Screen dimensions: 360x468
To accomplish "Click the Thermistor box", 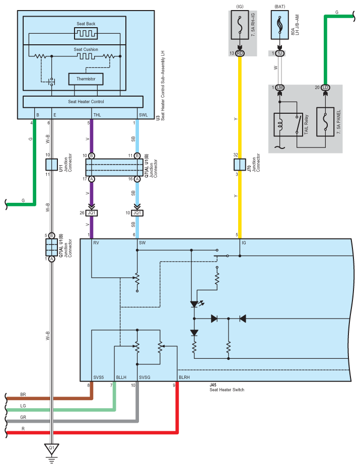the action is (86, 79).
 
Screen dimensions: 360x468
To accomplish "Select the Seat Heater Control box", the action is (83, 102).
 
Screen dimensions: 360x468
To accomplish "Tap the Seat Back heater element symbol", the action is (86, 33).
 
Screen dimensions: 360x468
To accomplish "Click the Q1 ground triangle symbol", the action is (52, 448).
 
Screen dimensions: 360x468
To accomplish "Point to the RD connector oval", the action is (240, 53).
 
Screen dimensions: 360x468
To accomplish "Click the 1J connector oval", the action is (280, 53).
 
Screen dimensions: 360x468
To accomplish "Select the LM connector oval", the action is (280, 88).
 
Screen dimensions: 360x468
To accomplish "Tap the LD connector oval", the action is (325, 88).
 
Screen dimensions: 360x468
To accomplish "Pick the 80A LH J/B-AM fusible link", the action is (280, 25).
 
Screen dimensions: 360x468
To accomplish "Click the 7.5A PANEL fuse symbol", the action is (325, 122).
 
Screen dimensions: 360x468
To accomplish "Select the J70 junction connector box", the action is (240, 165).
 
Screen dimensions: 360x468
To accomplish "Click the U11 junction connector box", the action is (52, 165).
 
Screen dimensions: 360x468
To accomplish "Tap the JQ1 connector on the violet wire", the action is (92, 213).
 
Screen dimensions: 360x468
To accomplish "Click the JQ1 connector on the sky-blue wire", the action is (137, 213).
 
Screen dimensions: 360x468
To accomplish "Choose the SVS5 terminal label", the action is (99, 377).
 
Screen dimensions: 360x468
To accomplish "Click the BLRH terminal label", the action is (184, 377).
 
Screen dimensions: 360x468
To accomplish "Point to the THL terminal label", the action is (97, 115).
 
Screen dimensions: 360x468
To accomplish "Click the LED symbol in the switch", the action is (195, 304).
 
